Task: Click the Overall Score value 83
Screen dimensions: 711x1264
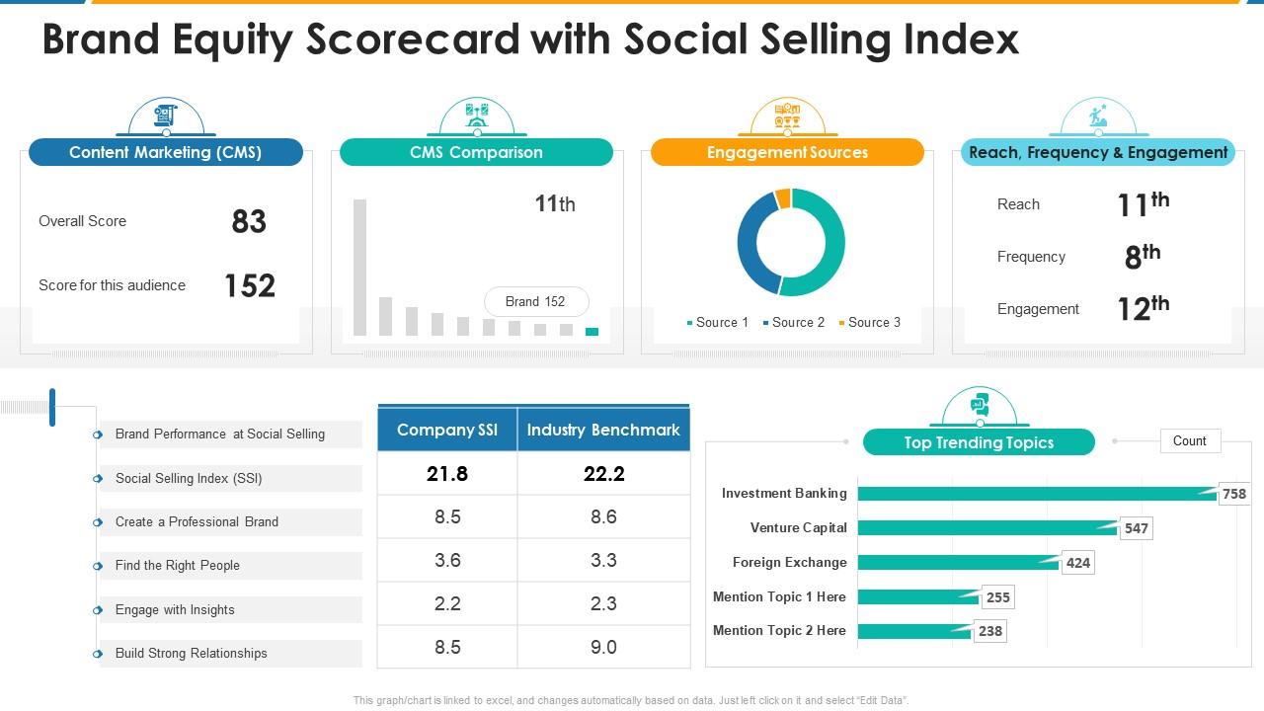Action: (249, 222)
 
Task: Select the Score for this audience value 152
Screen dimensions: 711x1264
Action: (249, 286)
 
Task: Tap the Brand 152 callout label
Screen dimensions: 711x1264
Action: (535, 302)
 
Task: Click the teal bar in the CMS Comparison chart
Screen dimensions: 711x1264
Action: (592, 332)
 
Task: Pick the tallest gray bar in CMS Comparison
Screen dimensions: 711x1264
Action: (359, 267)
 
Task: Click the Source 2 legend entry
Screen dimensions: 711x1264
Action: (793, 323)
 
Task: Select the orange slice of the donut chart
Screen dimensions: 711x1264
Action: (783, 198)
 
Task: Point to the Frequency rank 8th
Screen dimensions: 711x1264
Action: (1142, 257)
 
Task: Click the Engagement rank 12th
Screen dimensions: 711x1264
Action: (1142, 309)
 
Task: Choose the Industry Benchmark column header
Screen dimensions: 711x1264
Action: (603, 431)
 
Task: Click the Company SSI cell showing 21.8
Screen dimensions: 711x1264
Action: (447, 474)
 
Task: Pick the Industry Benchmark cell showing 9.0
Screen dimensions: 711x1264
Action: (603, 648)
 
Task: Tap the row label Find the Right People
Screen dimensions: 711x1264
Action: (178, 566)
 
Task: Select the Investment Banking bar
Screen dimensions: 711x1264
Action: (1037, 494)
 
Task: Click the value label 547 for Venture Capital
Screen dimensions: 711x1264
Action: (1137, 529)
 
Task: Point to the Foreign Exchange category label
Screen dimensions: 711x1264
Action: (789, 563)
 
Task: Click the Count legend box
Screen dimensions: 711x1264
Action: (1189, 441)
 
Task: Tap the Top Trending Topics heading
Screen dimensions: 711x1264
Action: (979, 443)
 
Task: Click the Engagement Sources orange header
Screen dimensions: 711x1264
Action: (787, 153)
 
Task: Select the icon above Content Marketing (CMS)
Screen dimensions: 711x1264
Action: (165, 117)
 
